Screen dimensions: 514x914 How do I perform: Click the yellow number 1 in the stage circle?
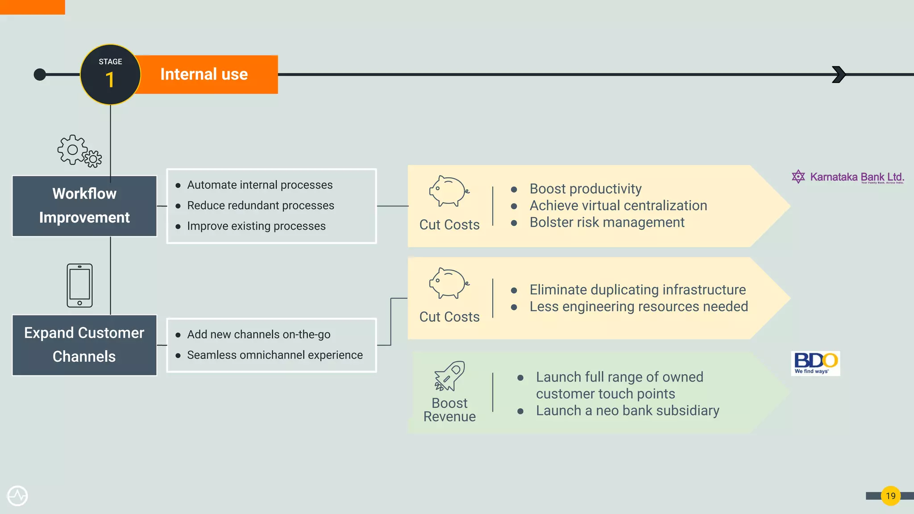pyautogui.click(x=110, y=80)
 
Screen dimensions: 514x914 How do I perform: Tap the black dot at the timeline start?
pyautogui.click(x=40, y=75)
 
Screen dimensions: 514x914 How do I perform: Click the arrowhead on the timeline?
pyautogui.click(x=839, y=75)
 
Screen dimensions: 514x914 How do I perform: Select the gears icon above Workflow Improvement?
pyautogui.click(x=79, y=151)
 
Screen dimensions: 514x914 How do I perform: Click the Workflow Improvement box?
pyautogui.click(x=84, y=206)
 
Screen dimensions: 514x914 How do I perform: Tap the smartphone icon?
pyautogui.click(x=79, y=286)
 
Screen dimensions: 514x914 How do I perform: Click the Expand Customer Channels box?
pyautogui.click(x=84, y=345)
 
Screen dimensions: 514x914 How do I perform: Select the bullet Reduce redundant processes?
pyautogui.click(x=260, y=206)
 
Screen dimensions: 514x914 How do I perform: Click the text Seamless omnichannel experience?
pyautogui.click(x=274, y=355)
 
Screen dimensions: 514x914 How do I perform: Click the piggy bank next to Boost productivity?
pyautogui.click(x=449, y=191)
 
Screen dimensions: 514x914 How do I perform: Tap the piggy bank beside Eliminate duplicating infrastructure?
pyautogui.click(x=449, y=283)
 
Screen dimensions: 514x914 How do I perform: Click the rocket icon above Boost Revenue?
pyautogui.click(x=449, y=376)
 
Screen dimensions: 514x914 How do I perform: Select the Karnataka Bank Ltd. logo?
pyautogui.click(x=848, y=177)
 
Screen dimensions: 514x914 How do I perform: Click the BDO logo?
pyautogui.click(x=815, y=363)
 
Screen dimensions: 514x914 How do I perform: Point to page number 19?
pyautogui.click(x=890, y=496)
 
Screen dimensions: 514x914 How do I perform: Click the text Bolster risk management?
pyautogui.click(x=607, y=222)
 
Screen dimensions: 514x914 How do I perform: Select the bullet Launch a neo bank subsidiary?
pyautogui.click(x=627, y=410)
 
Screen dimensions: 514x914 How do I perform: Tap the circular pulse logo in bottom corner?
pyautogui.click(x=17, y=496)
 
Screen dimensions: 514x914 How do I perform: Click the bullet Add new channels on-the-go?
pyautogui.click(x=258, y=335)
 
